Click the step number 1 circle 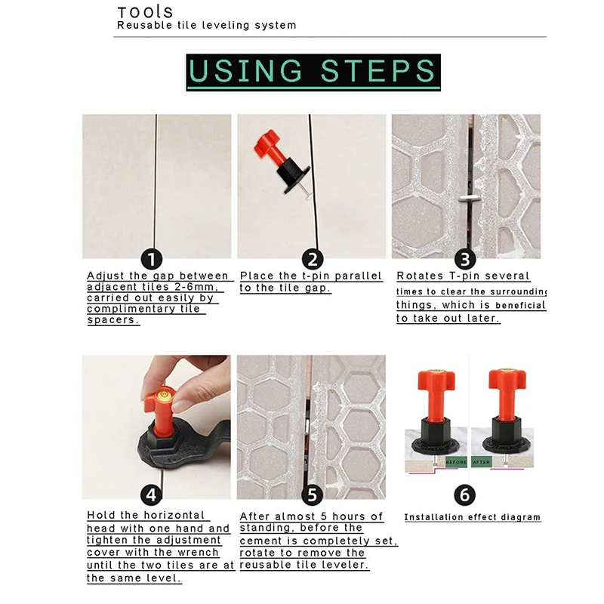coord(152,259)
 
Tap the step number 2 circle coord(313,259)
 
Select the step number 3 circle coord(465,259)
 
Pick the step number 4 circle coord(152,495)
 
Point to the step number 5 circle coord(312,495)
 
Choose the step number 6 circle coord(464,495)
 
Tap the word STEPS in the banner coord(378,71)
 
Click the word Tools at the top coord(145,12)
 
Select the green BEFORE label coord(456,462)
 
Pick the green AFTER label coord(482,462)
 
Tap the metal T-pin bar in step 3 coord(470,199)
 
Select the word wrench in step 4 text coord(198,553)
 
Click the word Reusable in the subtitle coord(145,26)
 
